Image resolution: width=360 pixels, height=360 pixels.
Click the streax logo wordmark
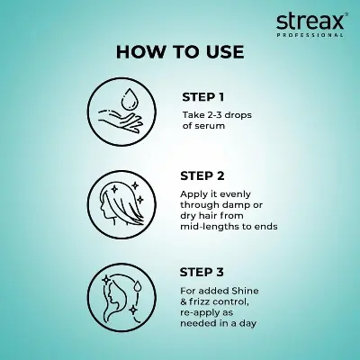tap(308, 19)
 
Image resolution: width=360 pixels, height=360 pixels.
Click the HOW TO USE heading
tap(180, 51)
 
